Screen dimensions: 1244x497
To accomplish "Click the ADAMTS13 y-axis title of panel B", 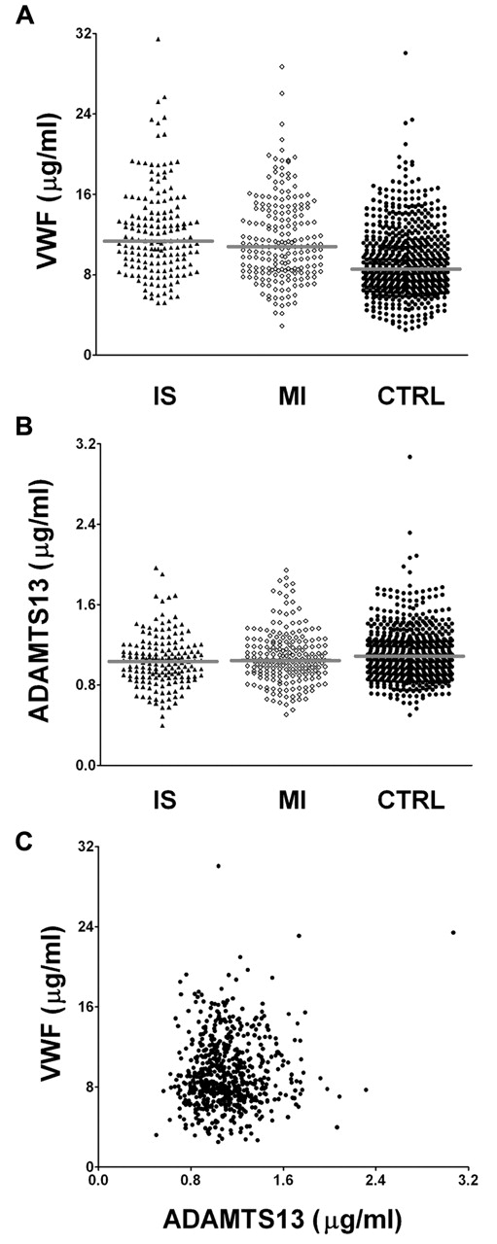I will coord(40,604).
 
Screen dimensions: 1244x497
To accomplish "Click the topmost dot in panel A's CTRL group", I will coord(406,52).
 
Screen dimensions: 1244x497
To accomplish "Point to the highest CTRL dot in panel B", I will coord(409,457).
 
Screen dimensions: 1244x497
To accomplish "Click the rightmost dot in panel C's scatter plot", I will coord(453,932).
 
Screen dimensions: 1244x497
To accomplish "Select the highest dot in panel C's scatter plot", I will coord(219,865).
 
